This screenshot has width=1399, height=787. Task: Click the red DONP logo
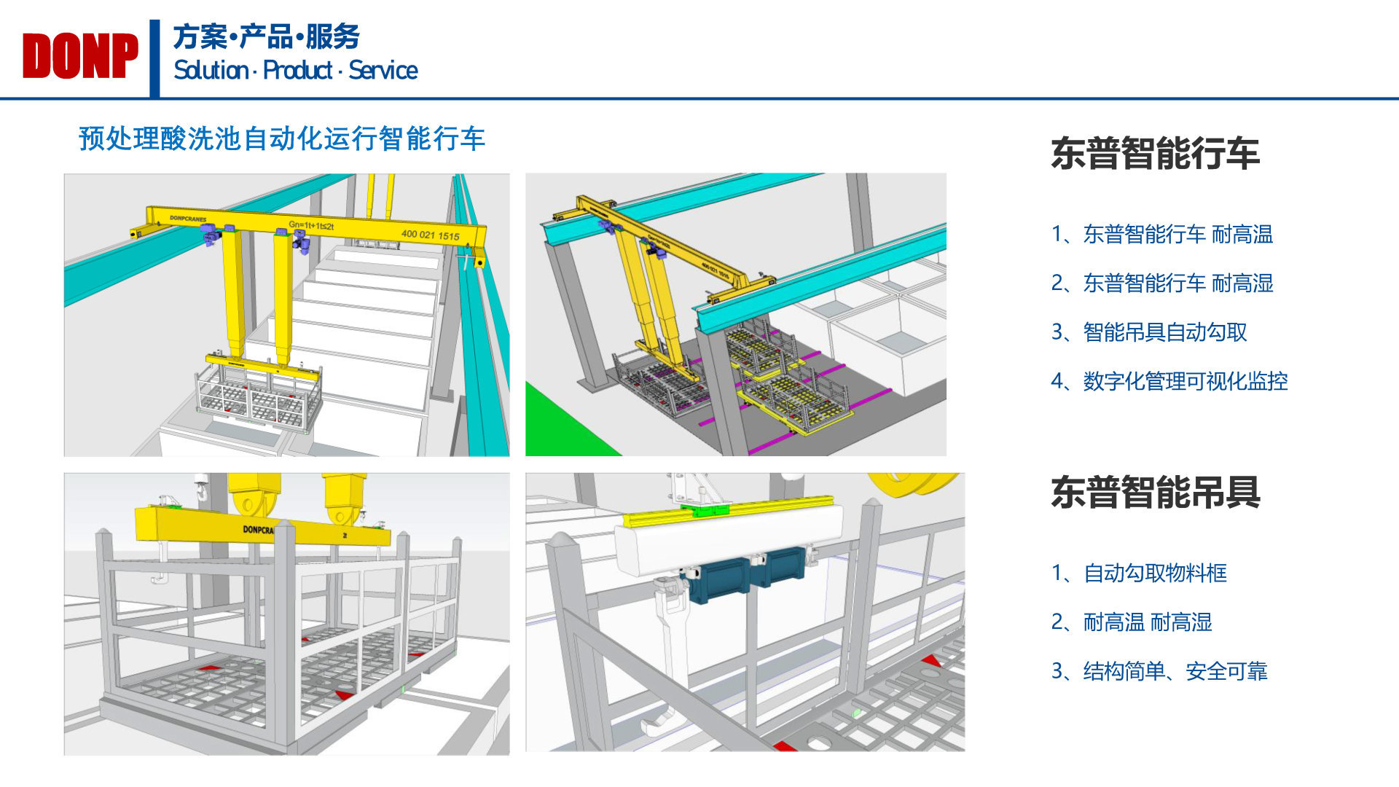pyautogui.click(x=80, y=56)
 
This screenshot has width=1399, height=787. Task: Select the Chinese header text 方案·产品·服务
pyautogui.click(x=267, y=36)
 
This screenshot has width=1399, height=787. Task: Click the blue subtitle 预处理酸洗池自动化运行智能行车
pyautogui.click(x=281, y=138)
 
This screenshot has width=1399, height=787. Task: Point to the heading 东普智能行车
pyautogui.click(x=1155, y=154)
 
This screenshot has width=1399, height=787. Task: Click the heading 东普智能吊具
pyautogui.click(x=1155, y=493)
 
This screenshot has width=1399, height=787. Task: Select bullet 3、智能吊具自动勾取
pyautogui.click(x=1149, y=332)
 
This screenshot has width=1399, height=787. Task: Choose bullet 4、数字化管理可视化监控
pyautogui.click(x=1169, y=381)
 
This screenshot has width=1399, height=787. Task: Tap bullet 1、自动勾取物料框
pyautogui.click(x=1139, y=573)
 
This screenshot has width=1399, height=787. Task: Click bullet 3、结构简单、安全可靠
pyautogui.click(x=1159, y=671)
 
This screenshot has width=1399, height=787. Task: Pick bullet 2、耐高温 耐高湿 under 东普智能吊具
pyautogui.click(x=1132, y=622)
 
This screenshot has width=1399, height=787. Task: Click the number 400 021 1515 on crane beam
pyautogui.click(x=430, y=235)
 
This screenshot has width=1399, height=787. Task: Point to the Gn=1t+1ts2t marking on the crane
pyautogui.click(x=311, y=225)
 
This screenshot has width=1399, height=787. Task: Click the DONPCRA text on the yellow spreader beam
pyautogui.click(x=258, y=530)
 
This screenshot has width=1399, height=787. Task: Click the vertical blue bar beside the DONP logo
pyautogui.click(x=154, y=58)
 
